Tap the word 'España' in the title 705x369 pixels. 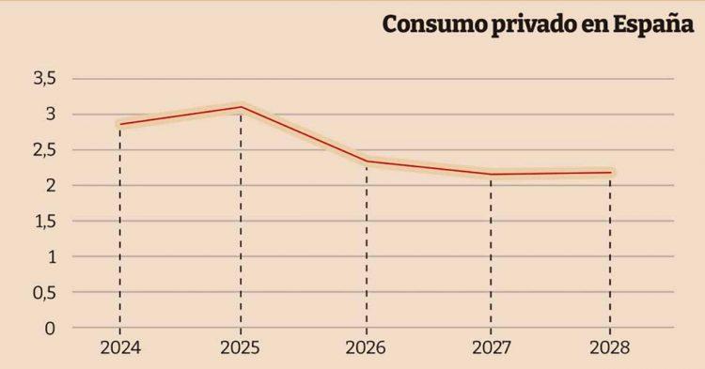(x=654, y=25)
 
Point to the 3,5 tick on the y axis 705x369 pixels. (x=45, y=79)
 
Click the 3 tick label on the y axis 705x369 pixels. (x=51, y=115)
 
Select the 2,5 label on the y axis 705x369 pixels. (x=45, y=150)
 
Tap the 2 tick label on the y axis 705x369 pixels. (x=51, y=186)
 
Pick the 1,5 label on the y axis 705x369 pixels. (x=45, y=222)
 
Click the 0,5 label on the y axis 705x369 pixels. (x=45, y=292)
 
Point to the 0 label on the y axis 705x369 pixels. (x=51, y=328)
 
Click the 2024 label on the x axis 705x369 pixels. (x=119, y=348)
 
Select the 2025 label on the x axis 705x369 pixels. (x=241, y=348)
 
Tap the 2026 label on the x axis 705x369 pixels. (x=366, y=348)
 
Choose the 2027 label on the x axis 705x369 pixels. (x=491, y=348)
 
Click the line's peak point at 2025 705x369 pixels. (x=241, y=107)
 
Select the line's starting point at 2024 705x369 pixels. (x=120, y=124)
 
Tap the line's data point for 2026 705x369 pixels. (x=366, y=161)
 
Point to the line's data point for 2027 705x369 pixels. (x=491, y=174)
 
